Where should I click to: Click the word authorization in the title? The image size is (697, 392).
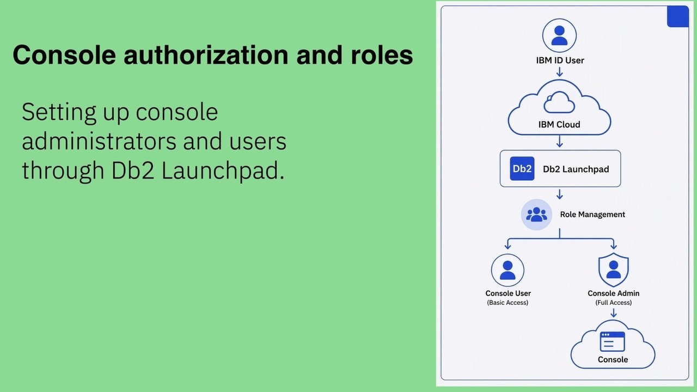tap(206, 55)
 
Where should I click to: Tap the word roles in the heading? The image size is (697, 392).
tap(382, 55)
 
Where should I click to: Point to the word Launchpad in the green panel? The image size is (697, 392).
tap(223, 170)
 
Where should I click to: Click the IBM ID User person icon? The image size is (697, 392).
tap(559, 35)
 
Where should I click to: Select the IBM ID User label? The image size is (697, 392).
tap(560, 60)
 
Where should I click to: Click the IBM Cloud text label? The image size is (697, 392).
tap(559, 125)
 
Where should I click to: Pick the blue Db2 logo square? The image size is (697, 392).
tap(522, 169)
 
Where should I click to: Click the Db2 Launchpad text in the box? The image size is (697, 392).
tap(576, 169)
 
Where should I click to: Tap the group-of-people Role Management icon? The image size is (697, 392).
tap(536, 215)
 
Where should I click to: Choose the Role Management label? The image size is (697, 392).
tap(592, 215)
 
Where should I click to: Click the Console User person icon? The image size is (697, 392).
tap(508, 270)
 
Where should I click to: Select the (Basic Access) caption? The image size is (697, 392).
tap(508, 302)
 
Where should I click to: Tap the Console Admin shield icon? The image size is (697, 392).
tap(613, 269)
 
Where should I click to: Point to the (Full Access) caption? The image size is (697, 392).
tap(613, 302)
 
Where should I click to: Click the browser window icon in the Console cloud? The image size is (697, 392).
tap(612, 341)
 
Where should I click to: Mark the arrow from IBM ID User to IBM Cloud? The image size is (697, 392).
tap(559, 72)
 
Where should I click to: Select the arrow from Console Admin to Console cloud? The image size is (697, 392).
tap(613, 313)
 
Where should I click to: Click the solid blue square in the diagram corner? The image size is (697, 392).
tap(677, 16)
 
